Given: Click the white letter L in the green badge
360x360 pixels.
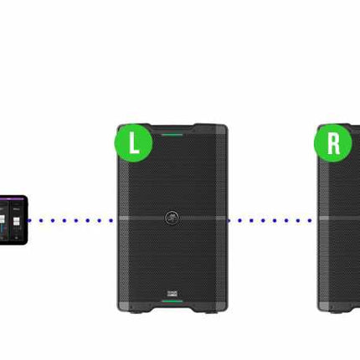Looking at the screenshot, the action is click(x=134, y=142).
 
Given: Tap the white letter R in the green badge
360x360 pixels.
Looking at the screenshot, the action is click(x=333, y=143).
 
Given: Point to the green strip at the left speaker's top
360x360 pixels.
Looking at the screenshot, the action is click(x=172, y=135).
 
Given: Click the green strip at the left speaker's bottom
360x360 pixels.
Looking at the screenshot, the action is click(x=172, y=301).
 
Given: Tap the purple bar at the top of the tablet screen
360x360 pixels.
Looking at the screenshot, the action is click(x=12, y=198).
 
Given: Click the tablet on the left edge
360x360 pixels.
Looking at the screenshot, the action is click(x=14, y=220).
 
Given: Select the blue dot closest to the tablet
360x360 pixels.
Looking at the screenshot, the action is click(x=29, y=220).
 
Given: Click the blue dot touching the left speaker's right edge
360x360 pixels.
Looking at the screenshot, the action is click(x=229, y=221).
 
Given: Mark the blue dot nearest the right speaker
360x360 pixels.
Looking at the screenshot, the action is click(x=310, y=220).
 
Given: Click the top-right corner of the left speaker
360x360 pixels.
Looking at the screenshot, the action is click(x=228, y=125).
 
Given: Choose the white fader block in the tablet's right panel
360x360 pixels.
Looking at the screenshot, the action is click(x=17, y=222).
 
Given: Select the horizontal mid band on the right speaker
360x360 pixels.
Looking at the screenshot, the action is click(x=339, y=218).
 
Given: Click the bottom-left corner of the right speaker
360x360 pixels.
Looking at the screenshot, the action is click(x=318, y=310).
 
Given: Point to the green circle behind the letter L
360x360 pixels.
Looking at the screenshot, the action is click(x=134, y=143).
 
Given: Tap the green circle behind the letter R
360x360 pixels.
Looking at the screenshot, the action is click(x=333, y=143).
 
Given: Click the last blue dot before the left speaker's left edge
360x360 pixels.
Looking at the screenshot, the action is click(x=111, y=220).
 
